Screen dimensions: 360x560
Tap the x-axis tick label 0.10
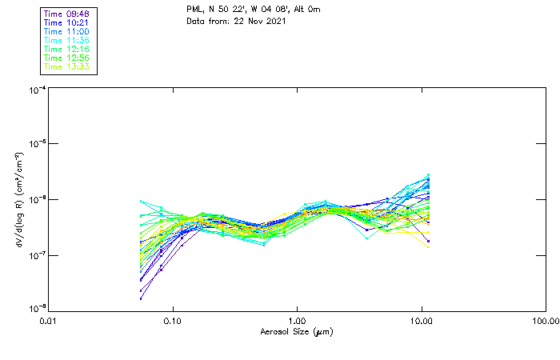tap(173, 321)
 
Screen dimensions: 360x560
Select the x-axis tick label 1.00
tap(297, 321)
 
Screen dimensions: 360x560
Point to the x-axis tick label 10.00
tap(422, 321)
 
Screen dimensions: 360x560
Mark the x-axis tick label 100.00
tap(546, 321)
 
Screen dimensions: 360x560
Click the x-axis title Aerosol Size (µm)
tap(297, 331)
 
